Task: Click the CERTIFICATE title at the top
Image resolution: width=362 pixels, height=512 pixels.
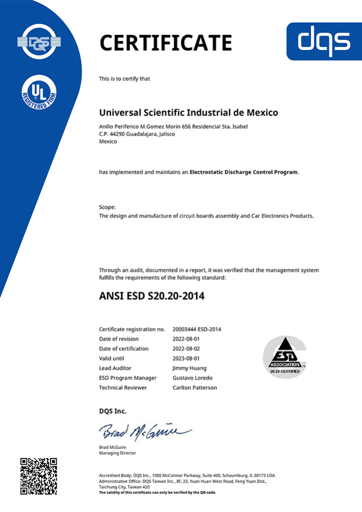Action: [x=166, y=42]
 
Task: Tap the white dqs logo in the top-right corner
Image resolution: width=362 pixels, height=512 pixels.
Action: [x=323, y=41]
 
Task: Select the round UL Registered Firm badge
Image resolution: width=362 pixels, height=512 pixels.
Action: [x=39, y=93]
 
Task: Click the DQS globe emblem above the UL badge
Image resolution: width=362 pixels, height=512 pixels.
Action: [x=39, y=40]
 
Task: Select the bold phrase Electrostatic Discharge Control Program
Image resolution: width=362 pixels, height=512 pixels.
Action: [x=244, y=172]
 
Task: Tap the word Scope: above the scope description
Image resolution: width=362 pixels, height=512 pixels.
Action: [x=108, y=206]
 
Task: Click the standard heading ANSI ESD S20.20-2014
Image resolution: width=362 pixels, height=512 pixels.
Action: [x=152, y=296]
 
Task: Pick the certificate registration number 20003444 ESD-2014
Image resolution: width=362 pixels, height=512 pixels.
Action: [x=197, y=329]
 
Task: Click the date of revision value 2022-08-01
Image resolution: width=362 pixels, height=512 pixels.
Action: [x=186, y=339]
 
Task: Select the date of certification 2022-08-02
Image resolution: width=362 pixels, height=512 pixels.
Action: [x=186, y=348]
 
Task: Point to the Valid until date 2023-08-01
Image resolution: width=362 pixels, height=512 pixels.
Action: [x=186, y=358]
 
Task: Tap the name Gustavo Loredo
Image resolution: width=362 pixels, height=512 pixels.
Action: [x=192, y=377]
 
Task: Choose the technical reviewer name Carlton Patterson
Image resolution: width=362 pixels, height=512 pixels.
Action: [x=195, y=387]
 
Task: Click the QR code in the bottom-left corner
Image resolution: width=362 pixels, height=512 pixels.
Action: [x=39, y=476]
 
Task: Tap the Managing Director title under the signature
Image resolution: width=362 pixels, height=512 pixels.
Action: [x=117, y=452]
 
